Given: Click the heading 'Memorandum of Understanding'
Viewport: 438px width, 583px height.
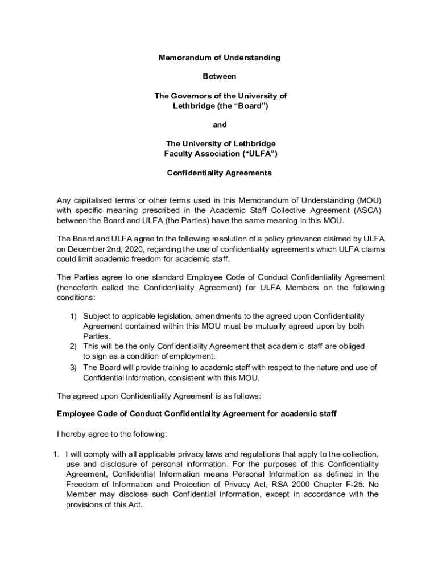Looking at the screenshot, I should click(219, 58).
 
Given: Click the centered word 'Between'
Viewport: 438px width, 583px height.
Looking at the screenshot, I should click(219, 76).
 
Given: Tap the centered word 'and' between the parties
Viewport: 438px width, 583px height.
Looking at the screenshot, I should click(220, 124).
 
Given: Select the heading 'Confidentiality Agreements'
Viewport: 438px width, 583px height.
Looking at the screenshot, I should click(219, 173).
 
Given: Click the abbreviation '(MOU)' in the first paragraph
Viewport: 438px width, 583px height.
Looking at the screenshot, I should click(369, 200).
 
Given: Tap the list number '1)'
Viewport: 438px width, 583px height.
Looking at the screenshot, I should click(73, 316).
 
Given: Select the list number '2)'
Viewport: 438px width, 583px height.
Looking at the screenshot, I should click(73, 346).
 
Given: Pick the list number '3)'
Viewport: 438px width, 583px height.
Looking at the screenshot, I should click(73, 367).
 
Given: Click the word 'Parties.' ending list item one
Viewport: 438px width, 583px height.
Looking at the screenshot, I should click(96, 336).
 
